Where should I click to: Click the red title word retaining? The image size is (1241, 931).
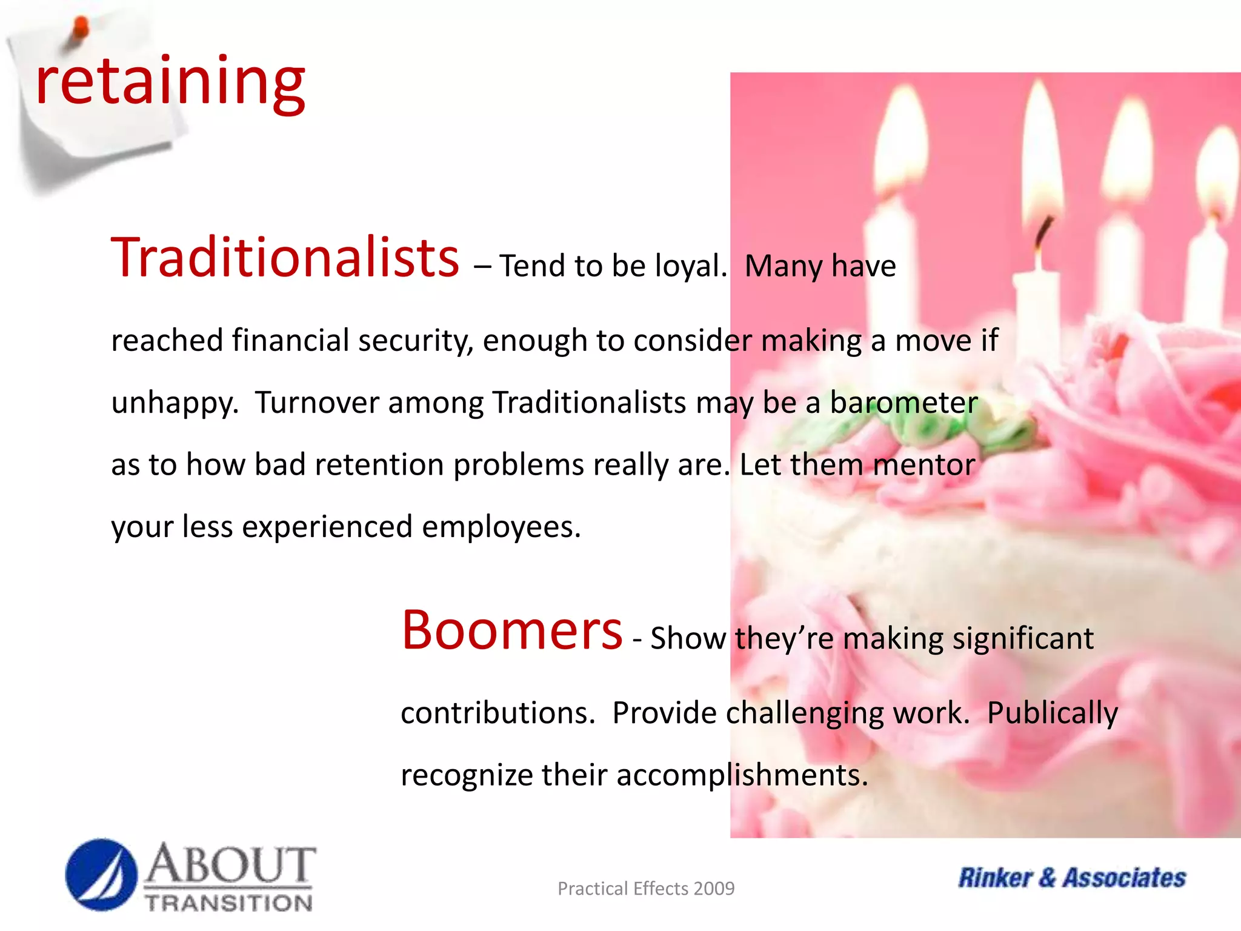[x=170, y=82]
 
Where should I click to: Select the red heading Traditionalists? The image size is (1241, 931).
[x=285, y=258]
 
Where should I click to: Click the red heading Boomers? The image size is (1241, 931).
[x=512, y=630]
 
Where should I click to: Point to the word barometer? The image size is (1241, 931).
[x=903, y=402]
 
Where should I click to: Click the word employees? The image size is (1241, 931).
[x=501, y=527]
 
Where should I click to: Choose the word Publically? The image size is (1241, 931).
[x=1052, y=713]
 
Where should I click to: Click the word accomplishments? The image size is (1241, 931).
[x=742, y=775]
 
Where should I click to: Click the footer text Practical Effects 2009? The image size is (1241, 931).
[x=645, y=889]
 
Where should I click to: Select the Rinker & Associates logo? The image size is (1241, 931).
[x=1071, y=878]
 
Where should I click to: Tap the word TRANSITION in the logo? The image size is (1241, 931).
[x=229, y=903]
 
